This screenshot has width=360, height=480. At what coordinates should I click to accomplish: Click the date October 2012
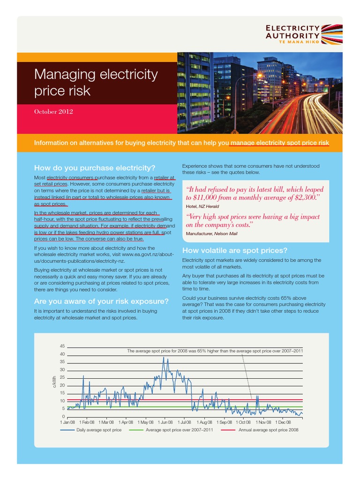(53, 112)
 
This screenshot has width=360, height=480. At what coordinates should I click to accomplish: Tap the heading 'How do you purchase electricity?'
(95, 168)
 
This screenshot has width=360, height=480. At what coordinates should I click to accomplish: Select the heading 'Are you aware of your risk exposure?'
(101, 300)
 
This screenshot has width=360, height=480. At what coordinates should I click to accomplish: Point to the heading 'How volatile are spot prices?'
(234, 250)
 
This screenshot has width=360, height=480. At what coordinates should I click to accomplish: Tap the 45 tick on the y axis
(62, 346)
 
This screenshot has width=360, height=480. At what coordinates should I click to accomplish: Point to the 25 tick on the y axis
(62, 377)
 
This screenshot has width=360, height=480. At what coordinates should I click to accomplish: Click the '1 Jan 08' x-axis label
(67, 422)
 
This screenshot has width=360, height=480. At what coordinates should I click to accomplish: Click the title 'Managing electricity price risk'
(96, 82)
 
